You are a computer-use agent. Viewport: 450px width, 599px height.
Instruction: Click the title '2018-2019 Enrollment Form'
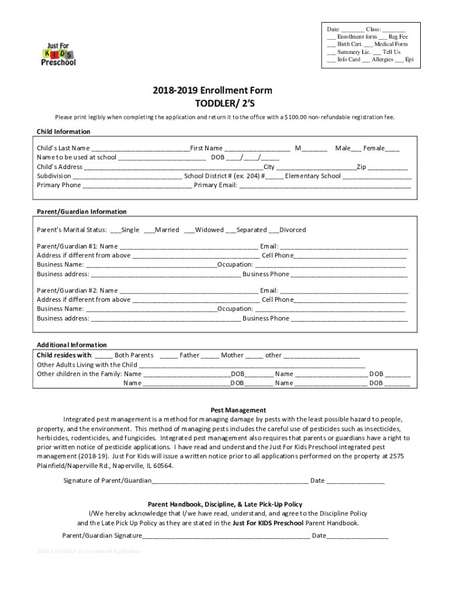point(212,91)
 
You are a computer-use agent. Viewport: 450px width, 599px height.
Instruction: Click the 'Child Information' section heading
point(64,132)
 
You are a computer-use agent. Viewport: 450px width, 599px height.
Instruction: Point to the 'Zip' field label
point(361,167)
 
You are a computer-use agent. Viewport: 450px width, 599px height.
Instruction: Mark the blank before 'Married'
point(149,230)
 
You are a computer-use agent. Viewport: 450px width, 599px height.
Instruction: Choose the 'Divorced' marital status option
point(292,230)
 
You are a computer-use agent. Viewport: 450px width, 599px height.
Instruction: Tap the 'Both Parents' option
point(134,355)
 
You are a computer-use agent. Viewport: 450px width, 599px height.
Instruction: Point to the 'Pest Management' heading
point(238,410)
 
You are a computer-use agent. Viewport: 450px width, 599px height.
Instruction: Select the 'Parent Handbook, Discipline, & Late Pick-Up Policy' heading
point(225,504)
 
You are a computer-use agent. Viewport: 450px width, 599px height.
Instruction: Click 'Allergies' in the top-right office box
point(382,60)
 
